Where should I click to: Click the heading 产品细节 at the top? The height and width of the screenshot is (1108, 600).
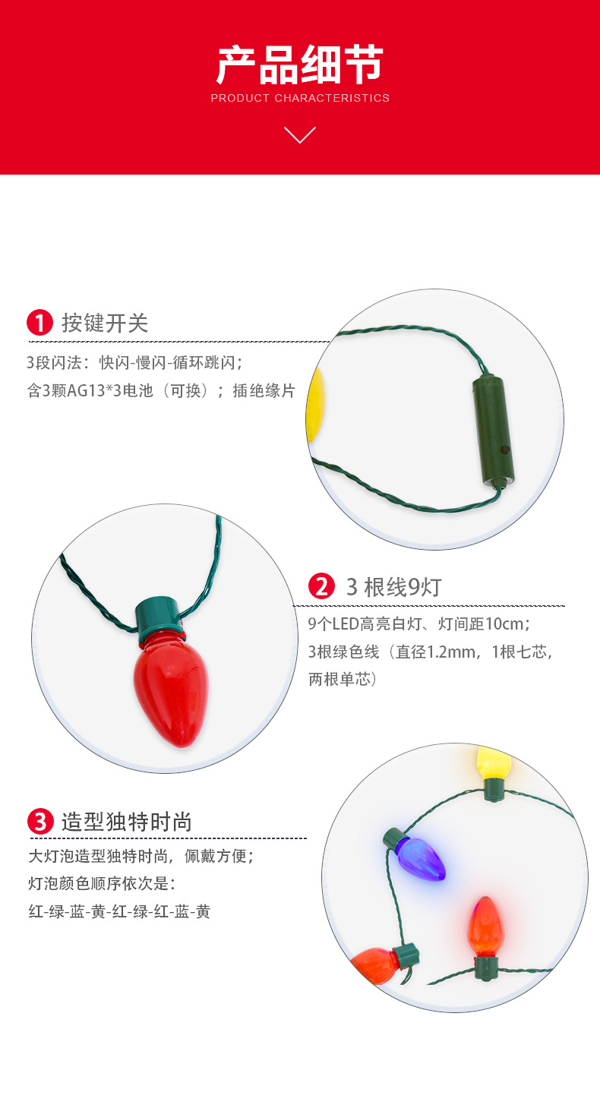pyautogui.click(x=300, y=65)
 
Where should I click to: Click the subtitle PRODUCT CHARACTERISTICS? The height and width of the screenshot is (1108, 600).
pyautogui.click(x=300, y=98)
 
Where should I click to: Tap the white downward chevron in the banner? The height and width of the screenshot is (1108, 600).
pyautogui.click(x=300, y=135)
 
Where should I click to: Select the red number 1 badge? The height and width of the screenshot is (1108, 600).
pyautogui.click(x=39, y=323)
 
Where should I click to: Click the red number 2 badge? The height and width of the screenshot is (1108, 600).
pyautogui.click(x=321, y=586)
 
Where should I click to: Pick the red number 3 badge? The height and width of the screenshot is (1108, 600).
pyautogui.click(x=39, y=822)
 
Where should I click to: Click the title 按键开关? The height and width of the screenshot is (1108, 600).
pyautogui.click(x=105, y=323)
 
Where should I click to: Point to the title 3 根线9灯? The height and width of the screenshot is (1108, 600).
pyautogui.click(x=393, y=586)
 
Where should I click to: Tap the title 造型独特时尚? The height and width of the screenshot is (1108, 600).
pyautogui.click(x=126, y=822)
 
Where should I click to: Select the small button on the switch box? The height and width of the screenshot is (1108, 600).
pyautogui.click(x=502, y=450)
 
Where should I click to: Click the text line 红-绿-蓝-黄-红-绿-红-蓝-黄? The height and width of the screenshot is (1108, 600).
pyautogui.click(x=119, y=911)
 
